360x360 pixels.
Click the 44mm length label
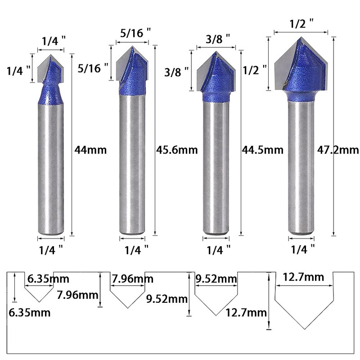[x=90, y=150]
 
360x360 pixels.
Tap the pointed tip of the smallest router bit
[x=50, y=54]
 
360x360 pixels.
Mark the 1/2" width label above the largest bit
[x=300, y=23]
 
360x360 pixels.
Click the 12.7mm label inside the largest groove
[x=304, y=278]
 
